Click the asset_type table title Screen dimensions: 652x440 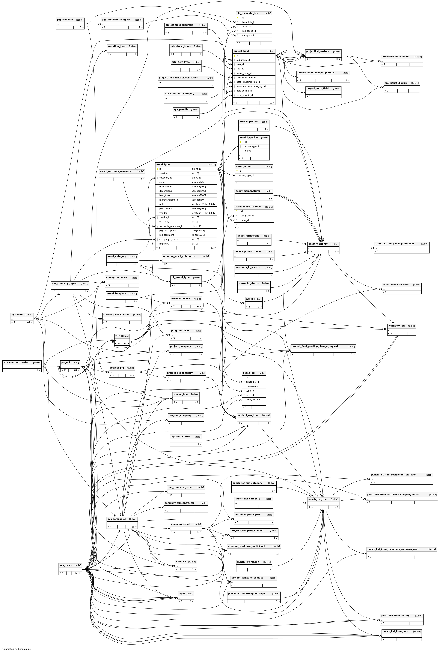pos(163,164)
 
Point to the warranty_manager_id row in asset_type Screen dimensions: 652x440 pos(171,226)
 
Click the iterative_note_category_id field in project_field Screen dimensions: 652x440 pos(251,86)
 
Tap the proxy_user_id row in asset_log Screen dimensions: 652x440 pos(253,400)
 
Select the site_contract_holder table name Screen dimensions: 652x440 pos(16,362)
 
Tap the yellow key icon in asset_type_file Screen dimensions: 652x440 pos(241,142)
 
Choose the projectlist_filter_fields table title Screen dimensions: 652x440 pos(395,57)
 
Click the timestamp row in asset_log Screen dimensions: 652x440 pos(252,386)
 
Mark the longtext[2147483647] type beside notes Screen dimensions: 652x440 pos(204,204)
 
